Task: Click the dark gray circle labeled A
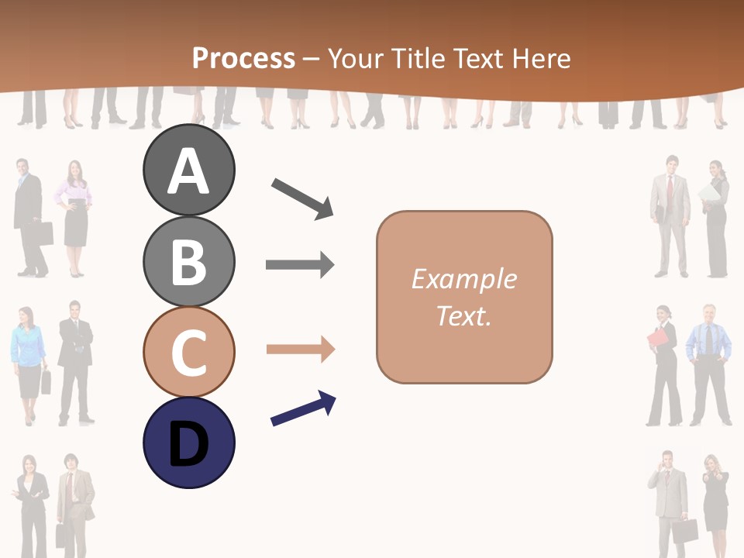pos(188,170)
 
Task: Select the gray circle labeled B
pos(188,261)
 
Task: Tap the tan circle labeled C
pos(188,351)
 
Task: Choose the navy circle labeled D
pos(188,443)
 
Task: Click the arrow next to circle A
pos(302,198)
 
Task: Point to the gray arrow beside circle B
pos(300,265)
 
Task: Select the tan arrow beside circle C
pos(300,350)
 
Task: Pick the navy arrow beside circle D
pos(303,408)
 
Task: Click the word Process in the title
pos(243,58)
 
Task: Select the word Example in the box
pos(463,279)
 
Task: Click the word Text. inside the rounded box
pos(463,316)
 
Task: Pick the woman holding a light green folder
pos(715,217)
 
